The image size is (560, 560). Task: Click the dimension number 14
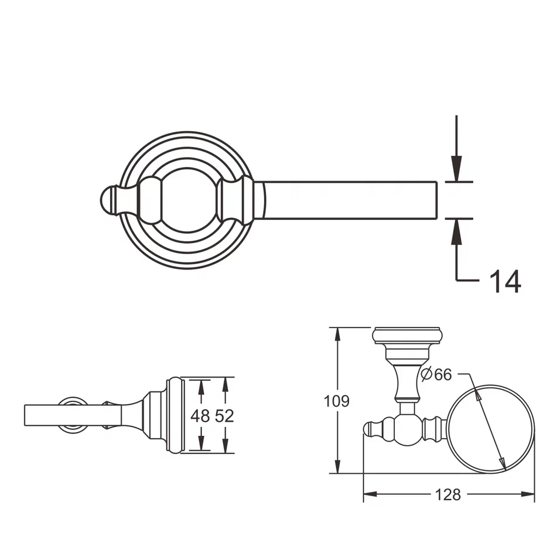point(505,281)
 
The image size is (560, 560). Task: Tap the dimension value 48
point(200,416)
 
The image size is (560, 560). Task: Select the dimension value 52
point(224,416)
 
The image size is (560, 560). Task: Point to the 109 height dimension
point(337,401)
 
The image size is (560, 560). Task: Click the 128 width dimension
point(448,495)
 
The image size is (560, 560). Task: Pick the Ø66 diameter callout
point(437,374)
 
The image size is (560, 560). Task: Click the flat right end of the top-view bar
point(437,200)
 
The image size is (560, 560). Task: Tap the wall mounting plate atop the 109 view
point(407,336)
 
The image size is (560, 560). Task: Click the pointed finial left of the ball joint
point(373,428)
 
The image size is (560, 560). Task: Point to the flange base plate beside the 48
point(175,415)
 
